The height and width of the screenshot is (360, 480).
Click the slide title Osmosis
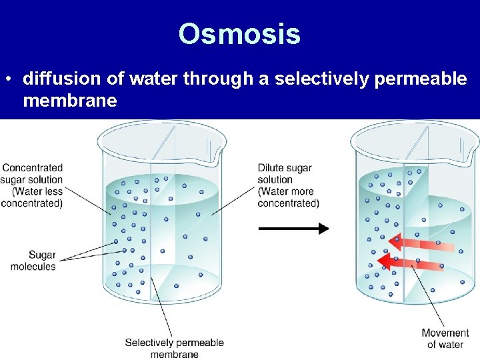tap(239, 34)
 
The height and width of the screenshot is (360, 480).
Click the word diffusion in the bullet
tap(62, 79)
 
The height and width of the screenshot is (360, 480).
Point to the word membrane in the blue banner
tap(70, 101)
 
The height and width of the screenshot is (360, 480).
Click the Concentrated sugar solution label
tap(32, 173)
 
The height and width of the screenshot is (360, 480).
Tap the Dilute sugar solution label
tap(285, 173)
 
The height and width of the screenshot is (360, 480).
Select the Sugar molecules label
tap(33, 261)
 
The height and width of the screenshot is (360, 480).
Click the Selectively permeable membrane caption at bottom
tap(174, 348)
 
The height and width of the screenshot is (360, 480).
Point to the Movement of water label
tap(445, 339)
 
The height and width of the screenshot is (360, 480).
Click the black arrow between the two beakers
tap(293, 229)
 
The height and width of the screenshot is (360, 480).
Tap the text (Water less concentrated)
tap(32, 197)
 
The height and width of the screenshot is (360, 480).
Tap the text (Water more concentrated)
tap(289, 197)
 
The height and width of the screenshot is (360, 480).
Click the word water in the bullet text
tap(153, 79)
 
